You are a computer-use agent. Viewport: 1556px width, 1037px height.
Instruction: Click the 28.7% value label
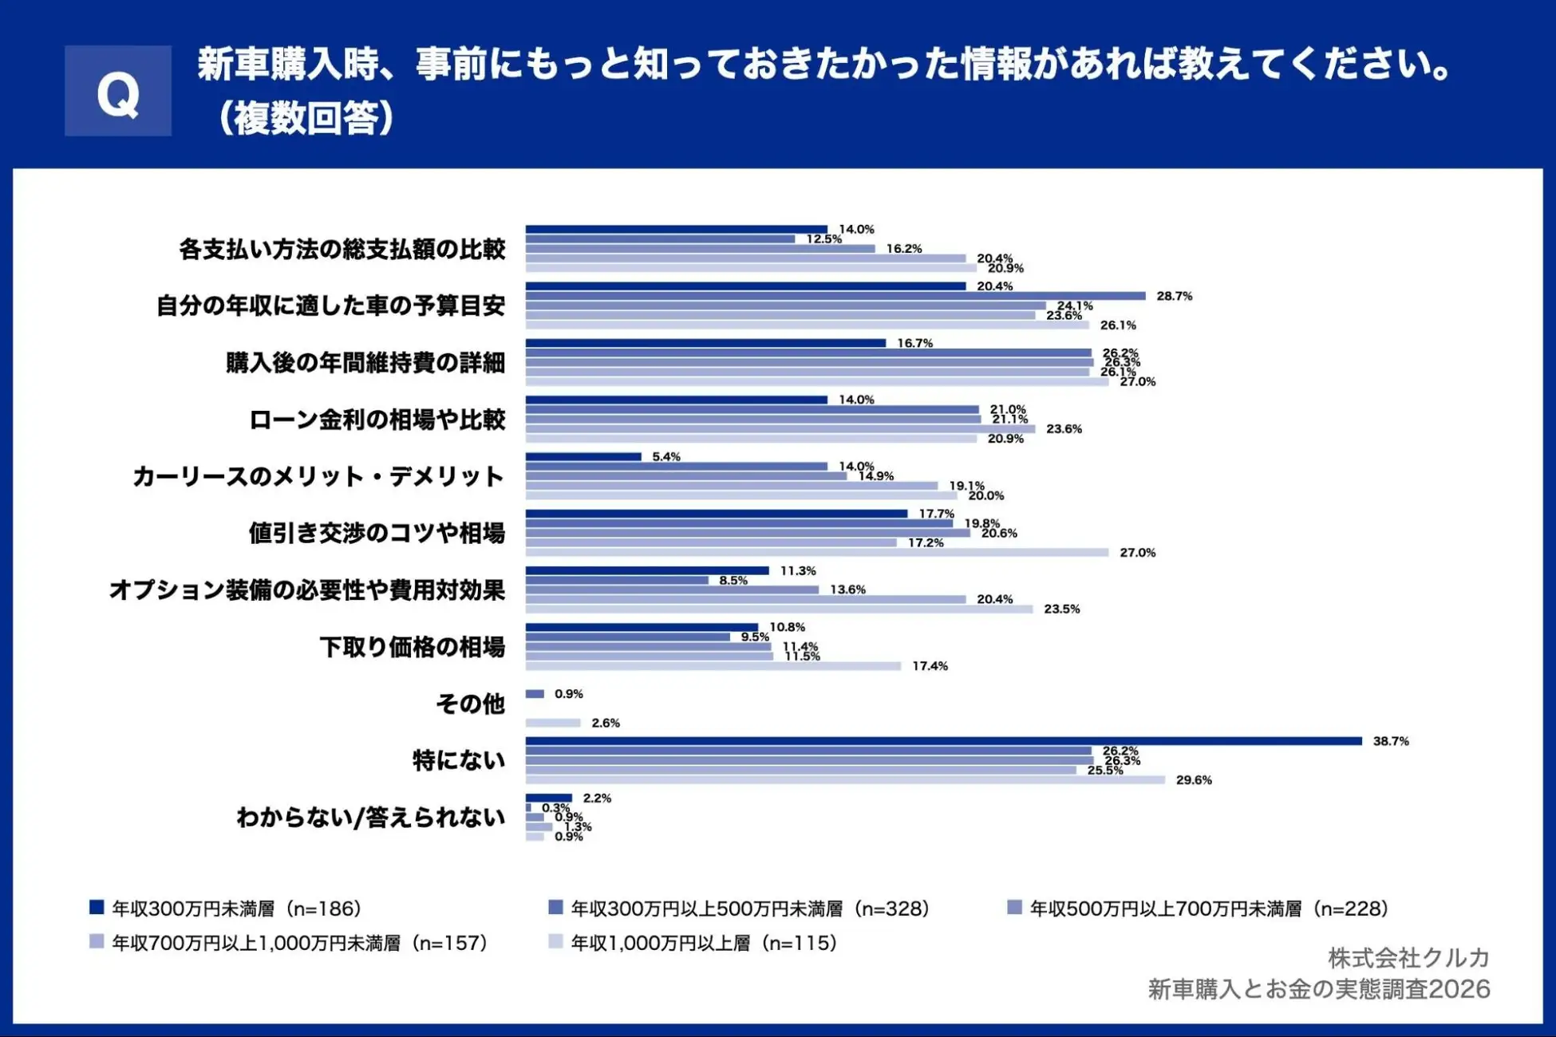pos(1174,296)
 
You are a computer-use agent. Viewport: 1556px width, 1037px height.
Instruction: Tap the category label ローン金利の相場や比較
pos(377,420)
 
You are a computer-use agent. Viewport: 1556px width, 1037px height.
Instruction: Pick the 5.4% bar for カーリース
pos(583,456)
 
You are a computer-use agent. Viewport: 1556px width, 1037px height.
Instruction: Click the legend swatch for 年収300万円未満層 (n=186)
pos(97,908)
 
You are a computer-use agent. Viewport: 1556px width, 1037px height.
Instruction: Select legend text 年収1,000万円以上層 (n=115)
pos(703,943)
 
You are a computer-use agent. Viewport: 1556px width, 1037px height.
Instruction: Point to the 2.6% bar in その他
pos(552,723)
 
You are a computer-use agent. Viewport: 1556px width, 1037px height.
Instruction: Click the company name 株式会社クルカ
pos(1408,957)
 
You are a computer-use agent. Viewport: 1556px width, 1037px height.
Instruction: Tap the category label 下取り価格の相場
pos(412,647)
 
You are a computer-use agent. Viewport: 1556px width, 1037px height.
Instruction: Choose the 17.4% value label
pos(930,666)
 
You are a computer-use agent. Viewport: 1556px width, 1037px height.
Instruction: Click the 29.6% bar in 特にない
pos(844,780)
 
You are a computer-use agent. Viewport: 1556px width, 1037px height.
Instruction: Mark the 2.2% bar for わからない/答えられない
pos(548,798)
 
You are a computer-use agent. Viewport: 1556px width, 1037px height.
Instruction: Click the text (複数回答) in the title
pos(305,118)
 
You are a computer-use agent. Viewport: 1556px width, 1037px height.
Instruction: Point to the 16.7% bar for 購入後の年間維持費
pos(705,343)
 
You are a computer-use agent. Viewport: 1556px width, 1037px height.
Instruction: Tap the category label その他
pos(470,704)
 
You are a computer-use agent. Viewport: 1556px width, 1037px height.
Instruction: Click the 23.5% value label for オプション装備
pos(1061,609)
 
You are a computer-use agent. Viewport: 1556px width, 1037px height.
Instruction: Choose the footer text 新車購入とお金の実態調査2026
pos(1318,989)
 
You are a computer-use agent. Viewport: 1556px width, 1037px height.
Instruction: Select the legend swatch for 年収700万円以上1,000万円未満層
pos(97,942)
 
